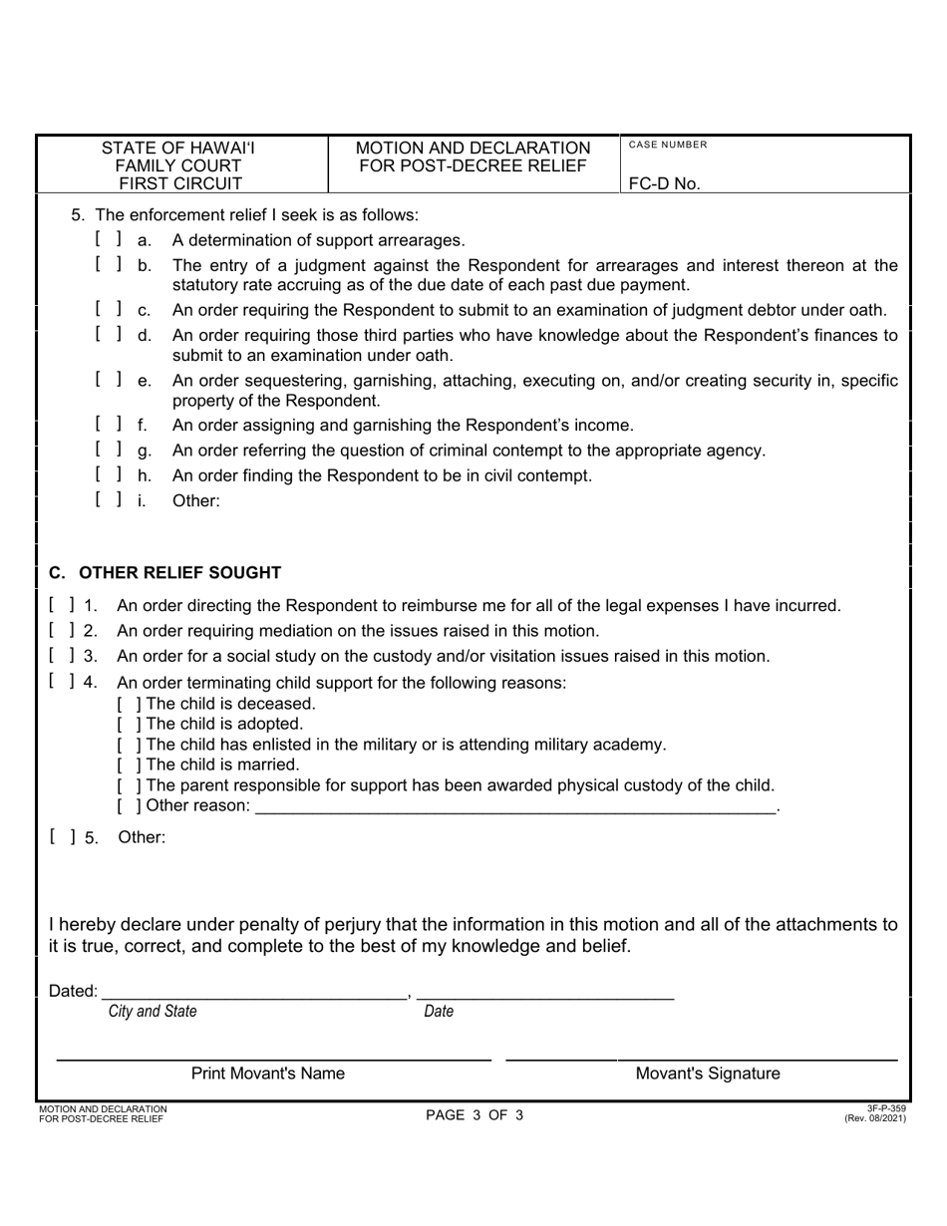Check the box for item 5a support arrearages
coord(110,239)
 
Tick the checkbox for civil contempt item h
coord(110,474)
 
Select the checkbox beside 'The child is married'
coord(126,766)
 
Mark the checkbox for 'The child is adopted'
coord(126,724)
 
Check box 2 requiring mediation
coord(62,630)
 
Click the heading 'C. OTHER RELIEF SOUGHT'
coord(165,573)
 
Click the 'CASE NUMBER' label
coord(668,146)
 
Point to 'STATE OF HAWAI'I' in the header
coord(179,149)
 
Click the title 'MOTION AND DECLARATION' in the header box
coord(473,149)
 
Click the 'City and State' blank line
coord(254,993)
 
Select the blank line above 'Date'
coord(544,993)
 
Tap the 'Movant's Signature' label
coord(708,1074)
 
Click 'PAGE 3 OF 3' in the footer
coord(473,1115)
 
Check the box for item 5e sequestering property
coord(110,380)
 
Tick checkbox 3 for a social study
coord(62,656)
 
